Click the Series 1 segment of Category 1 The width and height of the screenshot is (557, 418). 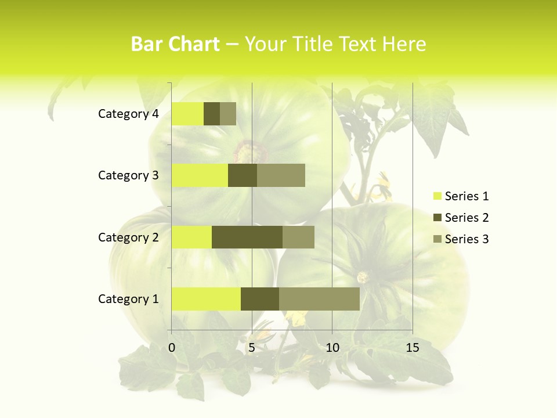point(206,298)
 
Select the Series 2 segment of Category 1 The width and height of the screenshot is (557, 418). point(260,298)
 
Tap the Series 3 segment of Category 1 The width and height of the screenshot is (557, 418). point(319,298)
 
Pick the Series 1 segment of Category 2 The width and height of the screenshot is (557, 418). point(191,237)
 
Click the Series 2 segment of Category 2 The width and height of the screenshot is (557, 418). point(247,237)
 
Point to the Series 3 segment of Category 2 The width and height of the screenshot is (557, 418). point(298,237)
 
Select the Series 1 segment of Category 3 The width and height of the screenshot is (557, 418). point(200,175)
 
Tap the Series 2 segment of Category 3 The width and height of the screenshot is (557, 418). point(243,175)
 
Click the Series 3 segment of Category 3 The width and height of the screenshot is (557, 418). point(281,175)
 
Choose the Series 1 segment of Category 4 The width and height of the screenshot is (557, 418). point(187,114)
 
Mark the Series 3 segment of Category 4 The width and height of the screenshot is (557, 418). point(228,114)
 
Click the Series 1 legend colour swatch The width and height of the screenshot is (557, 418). point(437,196)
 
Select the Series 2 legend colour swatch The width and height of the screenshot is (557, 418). point(437,218)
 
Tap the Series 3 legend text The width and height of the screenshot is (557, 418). point(466,239)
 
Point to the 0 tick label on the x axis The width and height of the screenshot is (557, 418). point(172,348)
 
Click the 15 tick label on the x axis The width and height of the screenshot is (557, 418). point(413,348)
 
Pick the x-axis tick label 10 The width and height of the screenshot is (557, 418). point(332,348)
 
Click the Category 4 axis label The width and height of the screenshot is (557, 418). point(128,114)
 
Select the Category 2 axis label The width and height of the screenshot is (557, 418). point(128,237)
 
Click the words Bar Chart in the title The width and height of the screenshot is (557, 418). point(175,44)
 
